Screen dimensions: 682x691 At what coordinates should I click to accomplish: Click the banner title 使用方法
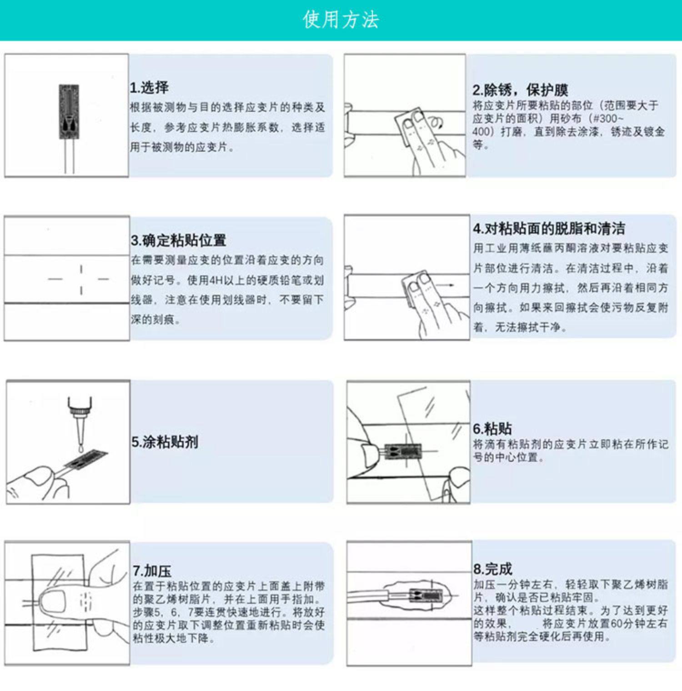coord(341,20)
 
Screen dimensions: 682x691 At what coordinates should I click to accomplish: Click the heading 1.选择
coord(150,87)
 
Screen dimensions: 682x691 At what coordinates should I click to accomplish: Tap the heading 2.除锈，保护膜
coord(520,90)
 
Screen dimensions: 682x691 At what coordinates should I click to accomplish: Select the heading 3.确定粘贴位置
coord(179,240)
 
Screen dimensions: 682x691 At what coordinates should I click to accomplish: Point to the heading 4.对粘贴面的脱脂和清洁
coord(549,228)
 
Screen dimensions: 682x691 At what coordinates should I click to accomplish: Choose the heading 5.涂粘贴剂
coord(165,441)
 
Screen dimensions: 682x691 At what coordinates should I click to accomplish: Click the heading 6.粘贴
coord(492,428)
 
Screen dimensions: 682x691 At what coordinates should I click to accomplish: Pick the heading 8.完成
coord(493,569)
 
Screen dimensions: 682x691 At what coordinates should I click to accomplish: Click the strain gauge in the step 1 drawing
coord(69,112)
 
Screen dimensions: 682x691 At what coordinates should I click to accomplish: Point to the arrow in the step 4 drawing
coord(445,285)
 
